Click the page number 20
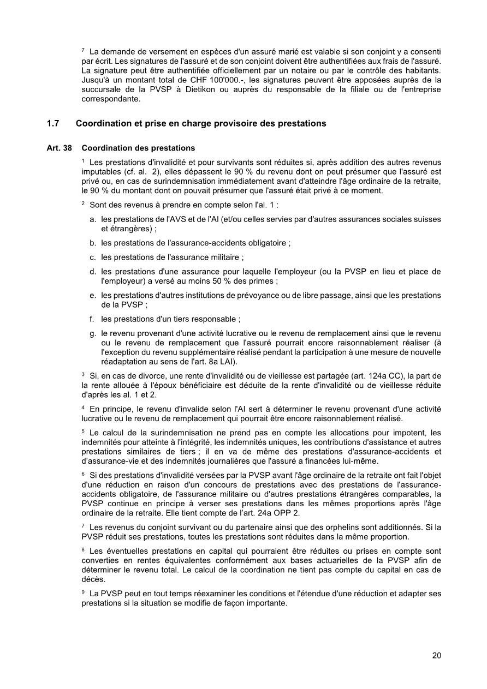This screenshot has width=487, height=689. tap(436, 655)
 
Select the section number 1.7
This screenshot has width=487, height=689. tap(53, 123)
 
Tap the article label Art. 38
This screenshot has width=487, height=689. tap(56, 148)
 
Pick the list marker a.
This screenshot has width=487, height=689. tap(93, 219)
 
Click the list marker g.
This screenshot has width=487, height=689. tap(93, 333)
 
